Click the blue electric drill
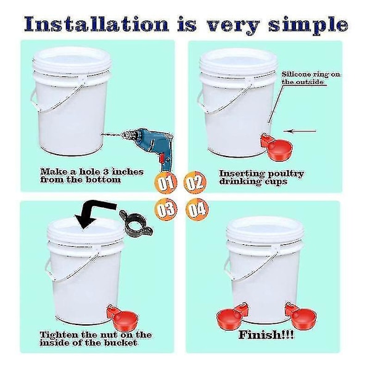(x=151, y=146)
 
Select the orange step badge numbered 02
(x=195, y=183)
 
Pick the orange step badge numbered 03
(x=166, y=209)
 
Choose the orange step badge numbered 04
(x=197, y=210)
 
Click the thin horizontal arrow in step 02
(x=300, y=131)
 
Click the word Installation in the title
(x=97, y=24)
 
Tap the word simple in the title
(x=308, y=26)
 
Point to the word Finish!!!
(x=266, y=335)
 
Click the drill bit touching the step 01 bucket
(x=113, y=134)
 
